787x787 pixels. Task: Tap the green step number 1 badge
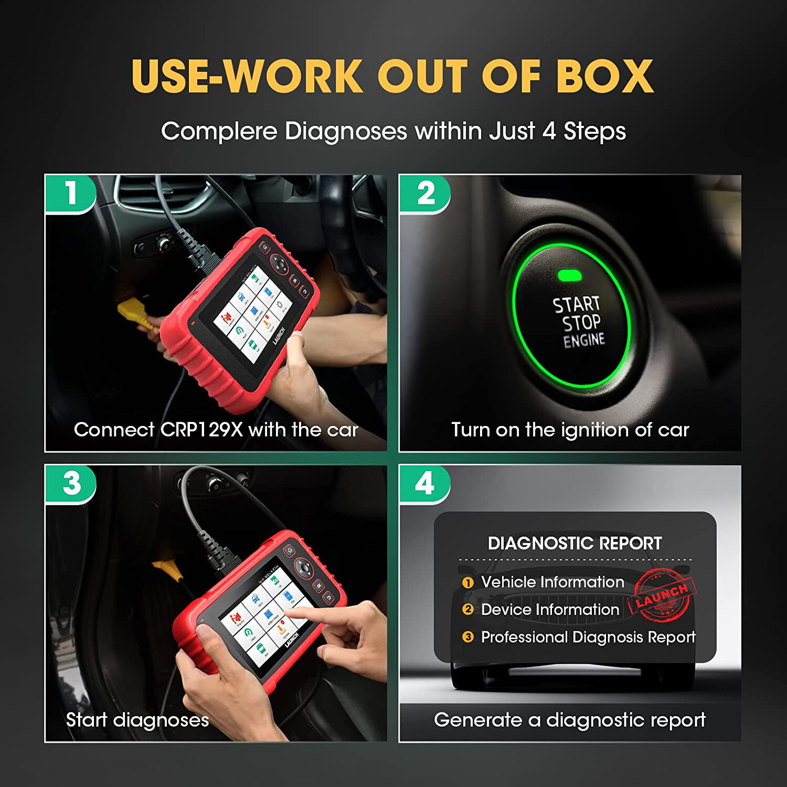71,194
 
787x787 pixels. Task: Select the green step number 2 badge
426,194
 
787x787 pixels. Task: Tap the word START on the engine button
576,304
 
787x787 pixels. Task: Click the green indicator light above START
569,275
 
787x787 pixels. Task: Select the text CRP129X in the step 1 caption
201,430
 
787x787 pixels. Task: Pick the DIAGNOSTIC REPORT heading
575,544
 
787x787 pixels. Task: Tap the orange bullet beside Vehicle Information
467,582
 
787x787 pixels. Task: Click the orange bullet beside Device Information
467,610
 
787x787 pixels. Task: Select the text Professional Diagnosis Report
588,637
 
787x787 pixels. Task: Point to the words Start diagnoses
137,720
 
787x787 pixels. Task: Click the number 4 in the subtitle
549,131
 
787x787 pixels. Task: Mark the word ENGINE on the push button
584,341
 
